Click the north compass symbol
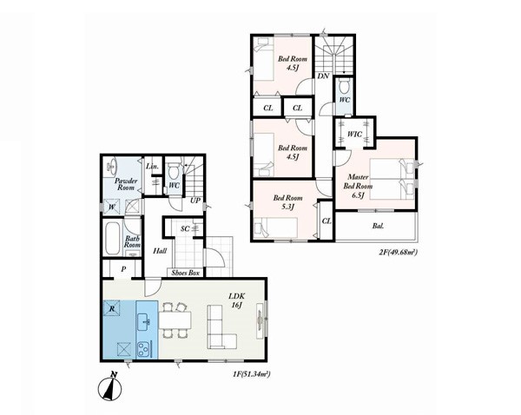pos(110,387)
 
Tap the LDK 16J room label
pos(236,300)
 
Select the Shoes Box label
pos(186,273)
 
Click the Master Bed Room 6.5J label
pos(358,186)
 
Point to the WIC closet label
pos(354,135)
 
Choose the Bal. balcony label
pos(378,227)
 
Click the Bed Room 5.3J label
pos(287,202)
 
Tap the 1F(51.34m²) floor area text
pos(251,374)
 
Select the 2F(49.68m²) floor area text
pos(398,253)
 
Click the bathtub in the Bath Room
pos(112,238)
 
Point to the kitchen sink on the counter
pos(145,321)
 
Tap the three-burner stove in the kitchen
pos(144,348)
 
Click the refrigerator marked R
pos(112,309)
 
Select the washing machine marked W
pos(112,207)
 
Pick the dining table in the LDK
pos(175,320)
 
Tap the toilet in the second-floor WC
pos(344,87)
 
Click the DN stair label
pos(323,76)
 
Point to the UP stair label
pos(195,201)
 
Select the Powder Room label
pos(126,184)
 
